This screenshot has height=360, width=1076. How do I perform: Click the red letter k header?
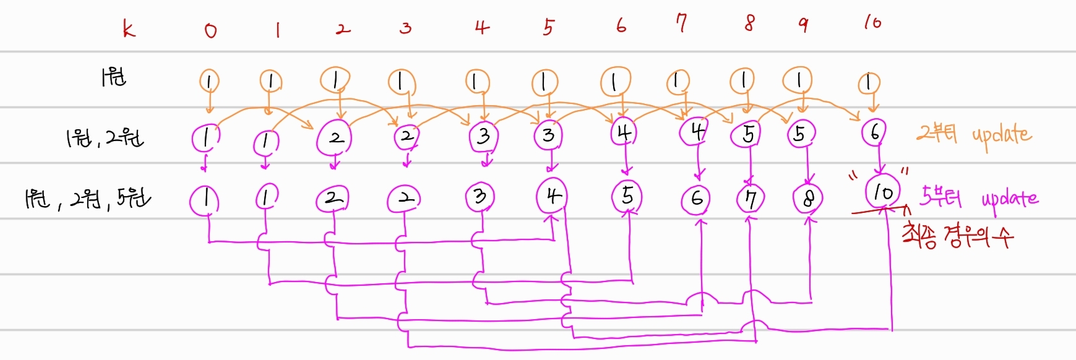pyautogui.click(x=128, y=28)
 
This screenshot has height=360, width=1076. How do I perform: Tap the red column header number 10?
pyautogui.click(x=872, y=23)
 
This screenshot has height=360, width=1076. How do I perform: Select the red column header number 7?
pyautogui.click(x=681, y=24)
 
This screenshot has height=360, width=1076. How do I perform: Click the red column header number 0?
pyautogui.click(x=210, y=30)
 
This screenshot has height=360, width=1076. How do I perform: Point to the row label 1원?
pyautogui.click(x=114, y=77)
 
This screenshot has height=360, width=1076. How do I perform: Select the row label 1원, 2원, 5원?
pyautogui.click(x=87, y=199)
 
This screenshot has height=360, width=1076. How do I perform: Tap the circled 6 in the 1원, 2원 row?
pyautogui.click(x=874, y=132)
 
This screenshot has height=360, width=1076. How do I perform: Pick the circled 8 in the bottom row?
pyautogui.click(x=808, y=199)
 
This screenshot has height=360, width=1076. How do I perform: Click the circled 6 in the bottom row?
pyautogui.click(x=697, y=199)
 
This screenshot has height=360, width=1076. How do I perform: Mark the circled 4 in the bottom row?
pyautogui.click(x=552, y=195)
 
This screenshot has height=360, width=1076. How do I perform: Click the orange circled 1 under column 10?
pyautogui.click(x=869, y=82)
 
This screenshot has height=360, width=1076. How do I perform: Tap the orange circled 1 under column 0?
pyautogui.click(x=209, y=81)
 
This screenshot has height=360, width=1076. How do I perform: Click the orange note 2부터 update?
pyautogui.click(x=974, y=134)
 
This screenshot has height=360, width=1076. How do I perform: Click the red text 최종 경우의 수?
pyautogui.click(x=957, y=235)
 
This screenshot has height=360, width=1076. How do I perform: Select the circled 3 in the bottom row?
pyautogui.click(x=480, y=197)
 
